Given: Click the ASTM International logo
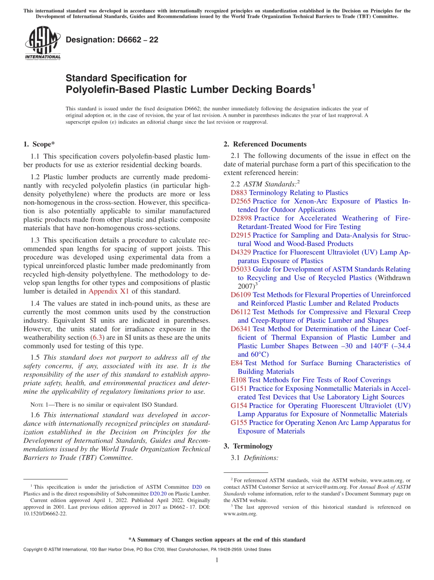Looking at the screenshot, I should coord(42,43).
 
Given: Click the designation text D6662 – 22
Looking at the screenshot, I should coord(112,40).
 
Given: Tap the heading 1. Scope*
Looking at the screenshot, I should coord(39,145).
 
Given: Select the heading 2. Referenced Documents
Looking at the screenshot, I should coord(265,145).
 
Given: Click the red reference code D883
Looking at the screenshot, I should coord(238,193).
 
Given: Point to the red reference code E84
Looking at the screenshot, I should coord(237,363).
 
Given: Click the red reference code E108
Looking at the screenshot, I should coord(238,380).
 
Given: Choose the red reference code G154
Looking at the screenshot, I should coord(239,405).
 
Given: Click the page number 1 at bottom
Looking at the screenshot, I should coord(217,560).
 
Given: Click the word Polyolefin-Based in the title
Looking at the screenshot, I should coord(105,89).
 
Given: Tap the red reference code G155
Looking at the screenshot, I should coord(239,423).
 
